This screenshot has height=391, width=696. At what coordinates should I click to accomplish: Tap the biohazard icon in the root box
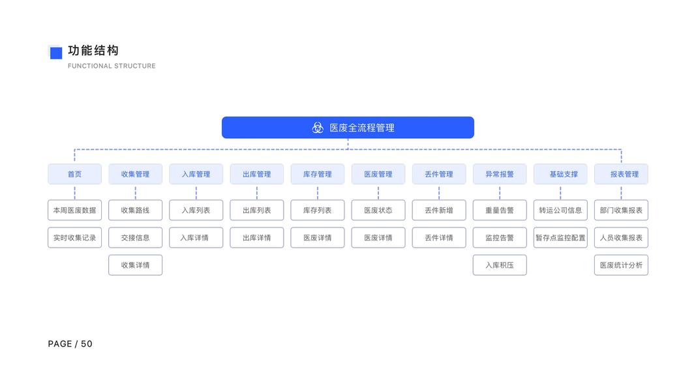pyautogui.click(x=318, y=128)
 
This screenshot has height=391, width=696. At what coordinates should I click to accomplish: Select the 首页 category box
pyautogui.click(x=74, y=174)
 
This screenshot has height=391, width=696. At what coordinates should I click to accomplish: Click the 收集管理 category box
pyautogui.click(x=135, y=174)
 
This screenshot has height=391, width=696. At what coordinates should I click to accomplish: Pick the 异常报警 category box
pyautogui.click(x=500, y=174)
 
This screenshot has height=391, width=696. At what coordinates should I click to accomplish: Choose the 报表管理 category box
pyautogui.click(x=621, y=174)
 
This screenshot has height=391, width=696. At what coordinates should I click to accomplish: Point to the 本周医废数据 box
pyautogui.click(x=74, y=210)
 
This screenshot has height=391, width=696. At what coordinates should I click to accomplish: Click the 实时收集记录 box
pyautogui.click(x=74, y=238)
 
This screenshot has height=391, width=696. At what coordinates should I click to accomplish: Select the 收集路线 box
pyautogui.click(x=135, y=210)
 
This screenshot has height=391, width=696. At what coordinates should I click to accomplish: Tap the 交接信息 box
pyautogui.click(x=135, y=238)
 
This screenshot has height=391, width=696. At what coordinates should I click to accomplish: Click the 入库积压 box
pyautogui.click(x=500, y=265)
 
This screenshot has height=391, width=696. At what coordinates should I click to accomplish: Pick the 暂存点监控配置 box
pyautogui.click(x=560, y=238)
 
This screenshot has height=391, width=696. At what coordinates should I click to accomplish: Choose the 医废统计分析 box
pyautogui.click(x=621, y=265)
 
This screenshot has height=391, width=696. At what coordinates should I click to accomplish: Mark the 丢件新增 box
pyautogui.click(x=439, y=210)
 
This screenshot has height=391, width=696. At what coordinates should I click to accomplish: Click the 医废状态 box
pyautogui.click(x=378, y=210)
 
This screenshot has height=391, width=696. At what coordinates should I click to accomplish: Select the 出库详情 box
pyautogui.click(x=257, y=238)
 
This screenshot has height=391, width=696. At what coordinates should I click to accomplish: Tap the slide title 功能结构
pyautogui.click(x=93, y=51)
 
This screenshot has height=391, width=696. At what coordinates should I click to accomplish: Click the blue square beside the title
pyautogui.click(x=55, y=53)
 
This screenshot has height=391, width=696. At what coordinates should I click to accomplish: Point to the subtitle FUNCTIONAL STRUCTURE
pyautogui.click(x=112, y=66)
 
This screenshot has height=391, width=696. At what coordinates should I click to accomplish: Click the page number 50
pyautogui.click(x=87, y=344)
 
